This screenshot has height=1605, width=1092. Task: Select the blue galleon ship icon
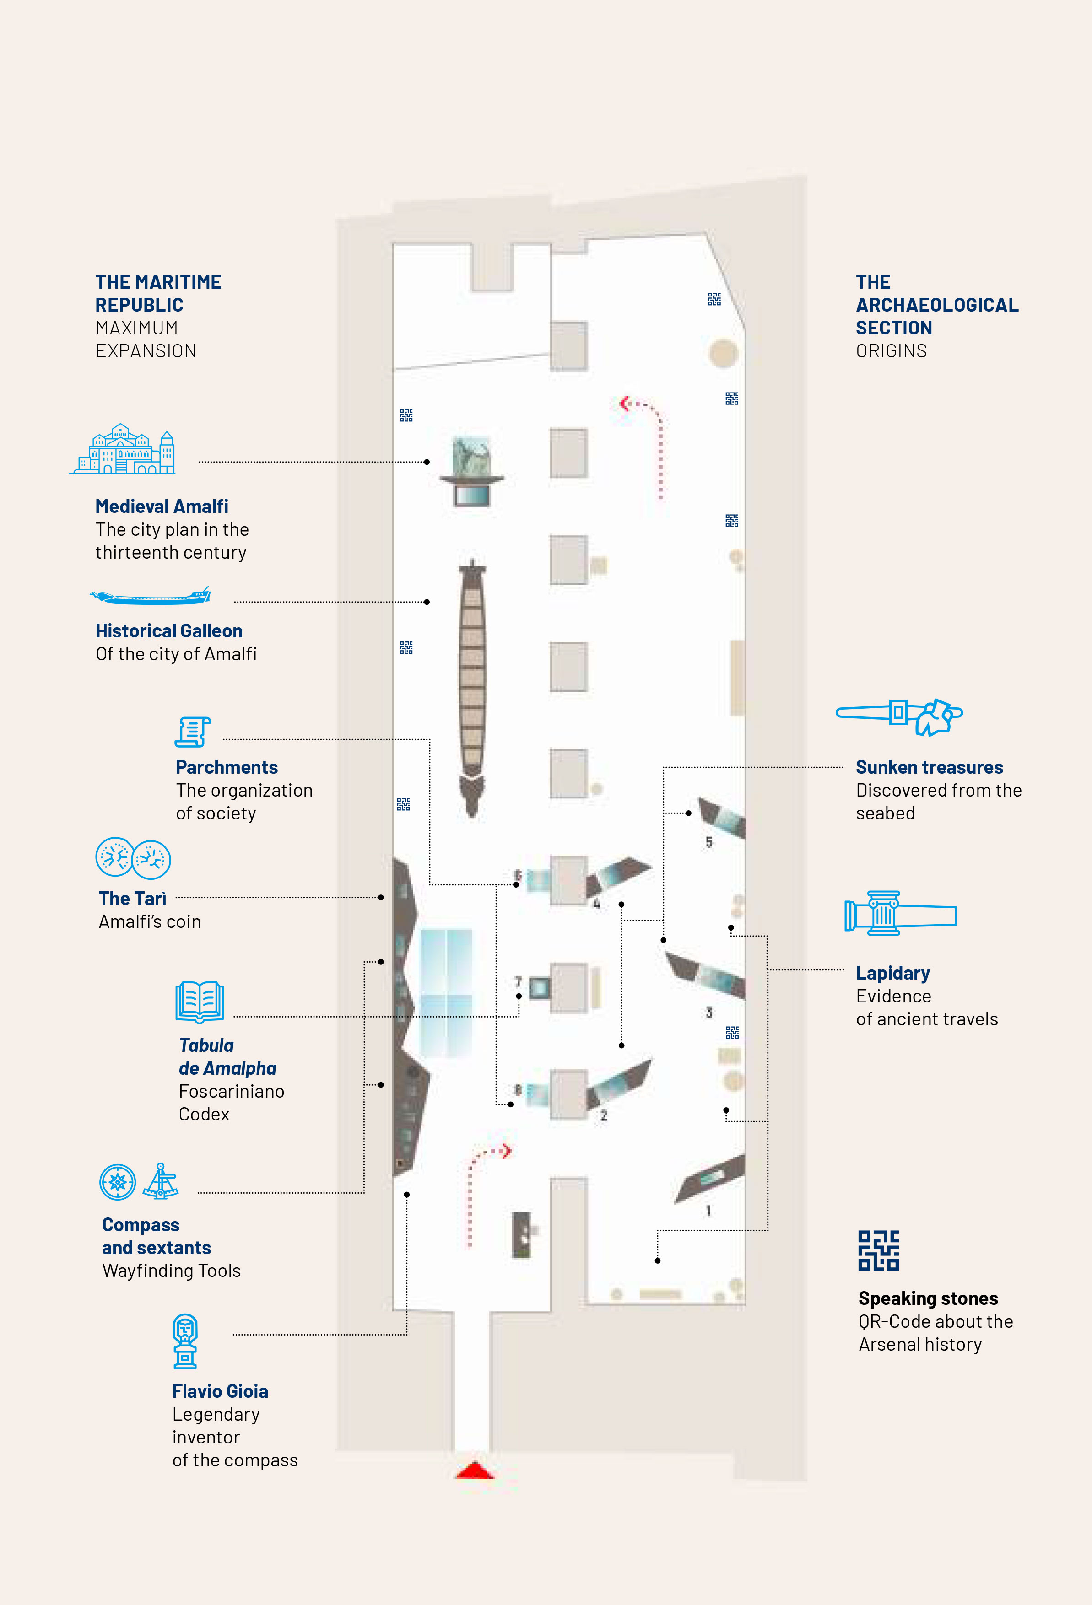pyautogui.click(x=151, y=596)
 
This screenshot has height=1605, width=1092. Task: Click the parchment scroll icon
pyautogui.click(x=192, y=732)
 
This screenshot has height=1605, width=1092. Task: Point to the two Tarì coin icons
pyautogui.click(x=133, y=858)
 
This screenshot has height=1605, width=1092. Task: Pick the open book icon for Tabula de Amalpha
pyautogui.click(x=200, y=1002)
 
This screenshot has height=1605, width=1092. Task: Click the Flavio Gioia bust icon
pyautogui.click(x=185, y=1341)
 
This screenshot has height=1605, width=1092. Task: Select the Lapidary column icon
pyautogui.click(x=899, y=913)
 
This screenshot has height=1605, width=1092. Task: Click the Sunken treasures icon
pyautogui.click(x=899, y=716)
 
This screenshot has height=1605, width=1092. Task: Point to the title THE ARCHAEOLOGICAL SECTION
pyautogui.click(x=936, y=305)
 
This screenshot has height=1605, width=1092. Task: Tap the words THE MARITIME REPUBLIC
pyautogui.click(x=158, y=294)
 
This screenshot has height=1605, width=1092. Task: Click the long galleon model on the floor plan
pyautogui.click(x=472, y=687)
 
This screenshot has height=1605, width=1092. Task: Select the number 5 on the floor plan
pyautogui.click(x=708, y=842)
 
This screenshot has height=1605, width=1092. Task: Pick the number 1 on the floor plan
pyautogui.click(x=708, y=1211)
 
